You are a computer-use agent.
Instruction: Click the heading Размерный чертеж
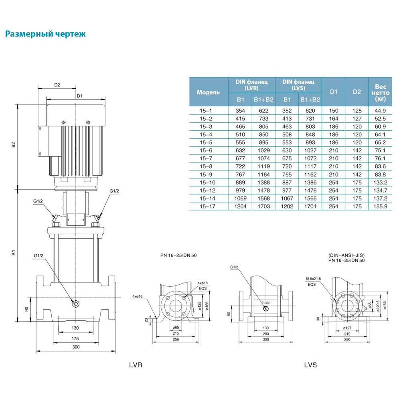(45, 34)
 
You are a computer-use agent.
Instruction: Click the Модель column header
(209, 92)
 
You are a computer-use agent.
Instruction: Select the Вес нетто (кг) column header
(380, 92)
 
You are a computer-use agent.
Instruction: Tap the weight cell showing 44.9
(380, 111)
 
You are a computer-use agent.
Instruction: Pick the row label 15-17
(205, 207)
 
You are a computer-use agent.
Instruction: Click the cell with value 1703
(263, 207)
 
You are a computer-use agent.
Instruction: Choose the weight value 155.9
(380, 207)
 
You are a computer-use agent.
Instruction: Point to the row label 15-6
(205, 150)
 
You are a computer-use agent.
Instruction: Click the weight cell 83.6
(380, 166)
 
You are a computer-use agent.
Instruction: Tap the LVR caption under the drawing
(136, 365)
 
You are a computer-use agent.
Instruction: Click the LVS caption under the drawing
(310, 365)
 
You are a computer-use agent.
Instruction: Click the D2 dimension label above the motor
(57, 85)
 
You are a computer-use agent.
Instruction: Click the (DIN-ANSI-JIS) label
(347, 255)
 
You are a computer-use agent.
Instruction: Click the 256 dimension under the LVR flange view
(175, 339)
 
